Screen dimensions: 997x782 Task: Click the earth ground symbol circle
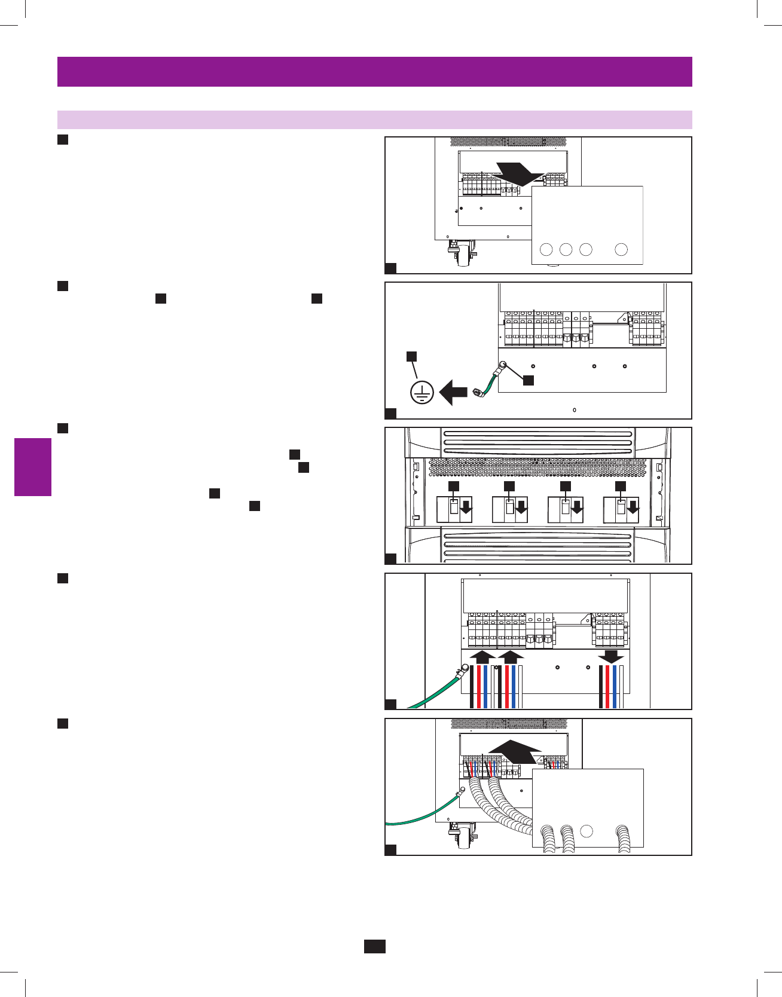[422, 392]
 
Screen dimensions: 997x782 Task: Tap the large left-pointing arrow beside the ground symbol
[453, 393]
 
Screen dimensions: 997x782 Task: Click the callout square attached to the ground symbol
[411, 356]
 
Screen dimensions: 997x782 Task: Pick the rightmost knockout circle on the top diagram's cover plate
[621, 249]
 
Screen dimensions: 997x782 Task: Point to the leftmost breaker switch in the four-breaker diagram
[454, 508]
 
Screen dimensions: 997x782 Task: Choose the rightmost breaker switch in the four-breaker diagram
[621, 508]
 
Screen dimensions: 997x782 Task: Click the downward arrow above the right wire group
[611, 656]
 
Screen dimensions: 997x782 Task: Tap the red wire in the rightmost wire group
[607, 686]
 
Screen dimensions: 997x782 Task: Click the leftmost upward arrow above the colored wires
[482, 657]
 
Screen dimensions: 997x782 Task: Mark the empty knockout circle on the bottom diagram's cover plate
[587, 831]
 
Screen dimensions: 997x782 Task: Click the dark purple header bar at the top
[374, 72]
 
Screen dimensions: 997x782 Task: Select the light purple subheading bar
[374, 120]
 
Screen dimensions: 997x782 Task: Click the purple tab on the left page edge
[33, 467]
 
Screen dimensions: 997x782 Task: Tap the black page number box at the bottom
[375, 946]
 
